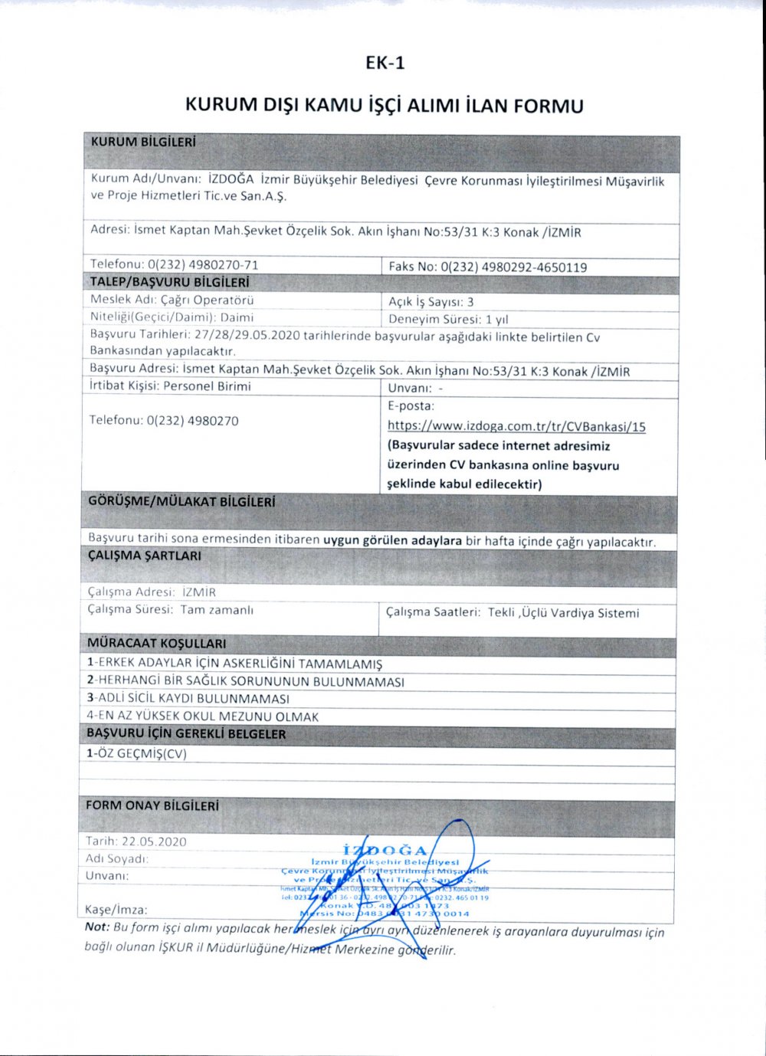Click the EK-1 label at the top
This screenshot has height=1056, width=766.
click(385, 63)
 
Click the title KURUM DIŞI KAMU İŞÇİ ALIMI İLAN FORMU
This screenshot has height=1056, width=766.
click(384, 105)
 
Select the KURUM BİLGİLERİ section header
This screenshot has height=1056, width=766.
click(143, 143)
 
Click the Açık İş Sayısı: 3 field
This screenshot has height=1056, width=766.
click(431, 302)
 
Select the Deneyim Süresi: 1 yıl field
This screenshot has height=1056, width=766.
click(448, 320)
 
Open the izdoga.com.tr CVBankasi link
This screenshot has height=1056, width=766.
click(516, 427)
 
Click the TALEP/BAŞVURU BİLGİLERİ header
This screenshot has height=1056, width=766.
click(169, 283)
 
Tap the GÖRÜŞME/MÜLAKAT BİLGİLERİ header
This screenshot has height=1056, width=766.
click(182, 503)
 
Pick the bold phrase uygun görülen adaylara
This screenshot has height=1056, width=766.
click(392, 540)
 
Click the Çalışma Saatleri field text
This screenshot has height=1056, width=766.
click(512, 612)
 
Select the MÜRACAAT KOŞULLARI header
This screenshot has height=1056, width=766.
click(156, 644)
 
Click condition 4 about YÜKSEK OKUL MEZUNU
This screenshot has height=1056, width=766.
click(202, 717)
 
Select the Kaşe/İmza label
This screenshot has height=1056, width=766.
click(116, 910)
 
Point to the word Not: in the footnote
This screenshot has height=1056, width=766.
click(97, 927)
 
